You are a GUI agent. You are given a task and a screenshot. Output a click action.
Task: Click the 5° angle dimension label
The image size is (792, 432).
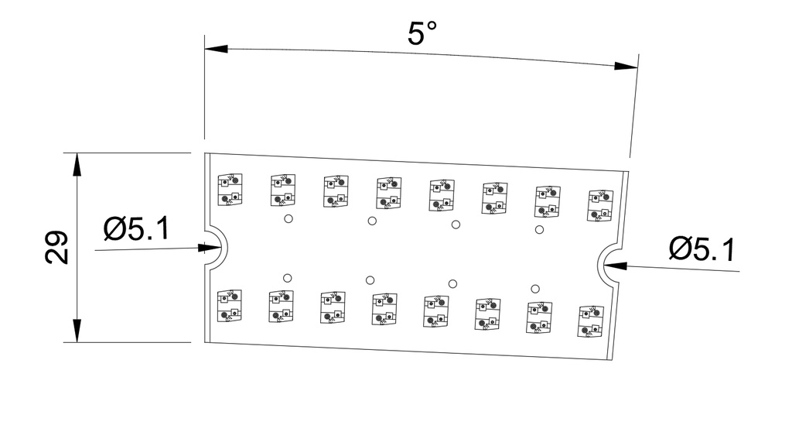click(422, 33)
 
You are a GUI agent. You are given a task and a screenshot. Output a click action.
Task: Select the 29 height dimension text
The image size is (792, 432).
click(56, 248)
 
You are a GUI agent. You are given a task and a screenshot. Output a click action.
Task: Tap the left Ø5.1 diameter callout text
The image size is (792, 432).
click(137, 228)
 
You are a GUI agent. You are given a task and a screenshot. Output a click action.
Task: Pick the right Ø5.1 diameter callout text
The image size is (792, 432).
click(702, 249)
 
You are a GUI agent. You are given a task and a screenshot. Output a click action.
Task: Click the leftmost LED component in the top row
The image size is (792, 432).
click(230, 190)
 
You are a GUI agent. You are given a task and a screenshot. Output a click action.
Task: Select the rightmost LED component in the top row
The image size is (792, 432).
click(600, 205)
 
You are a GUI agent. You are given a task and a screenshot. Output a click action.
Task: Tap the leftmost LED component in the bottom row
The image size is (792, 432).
click(229, 306)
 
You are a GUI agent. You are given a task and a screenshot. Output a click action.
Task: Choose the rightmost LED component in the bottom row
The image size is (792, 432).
click(591, 321)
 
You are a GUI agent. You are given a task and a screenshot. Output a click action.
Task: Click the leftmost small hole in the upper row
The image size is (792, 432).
click(288, 218)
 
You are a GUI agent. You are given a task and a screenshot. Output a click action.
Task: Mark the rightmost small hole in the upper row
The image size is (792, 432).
click(539, 230)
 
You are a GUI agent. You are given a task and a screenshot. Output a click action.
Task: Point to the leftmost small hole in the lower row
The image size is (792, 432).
click(288, 278)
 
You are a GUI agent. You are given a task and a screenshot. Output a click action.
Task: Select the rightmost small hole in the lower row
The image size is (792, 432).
click(535, 289)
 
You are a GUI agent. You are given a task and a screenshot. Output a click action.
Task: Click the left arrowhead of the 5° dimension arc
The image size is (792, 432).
click(217, 49)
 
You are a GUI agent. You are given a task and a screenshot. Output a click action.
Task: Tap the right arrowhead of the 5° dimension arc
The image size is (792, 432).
click(626, 66)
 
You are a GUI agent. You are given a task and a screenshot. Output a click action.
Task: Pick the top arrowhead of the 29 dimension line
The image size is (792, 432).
click(77, 164)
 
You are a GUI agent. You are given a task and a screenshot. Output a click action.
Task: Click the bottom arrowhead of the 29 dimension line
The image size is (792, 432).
click(77, 331)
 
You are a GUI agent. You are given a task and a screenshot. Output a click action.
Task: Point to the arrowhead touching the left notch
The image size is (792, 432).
click(210, 248)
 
